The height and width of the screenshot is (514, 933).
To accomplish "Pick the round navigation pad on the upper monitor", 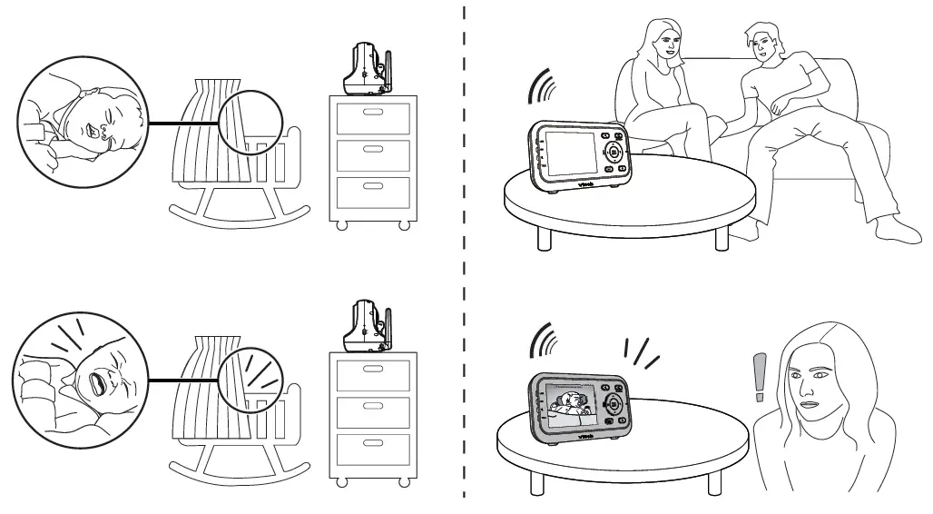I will tap(613, 153).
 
